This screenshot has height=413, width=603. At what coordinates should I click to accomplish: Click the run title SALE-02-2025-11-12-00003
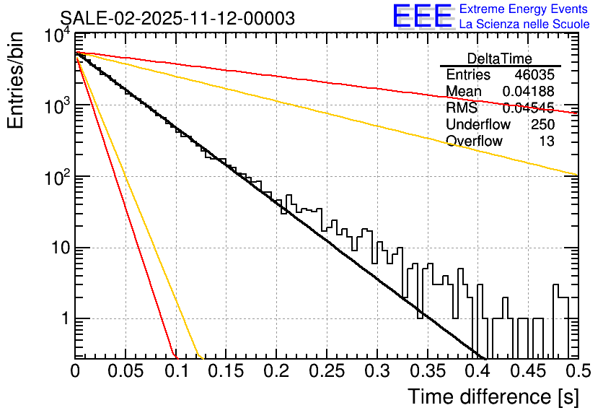(177, 19)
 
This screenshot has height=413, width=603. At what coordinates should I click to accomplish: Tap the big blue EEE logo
(422, 17)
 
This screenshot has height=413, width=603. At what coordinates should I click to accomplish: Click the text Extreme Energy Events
(524, 9)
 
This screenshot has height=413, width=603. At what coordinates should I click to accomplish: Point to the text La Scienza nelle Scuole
(524, 24)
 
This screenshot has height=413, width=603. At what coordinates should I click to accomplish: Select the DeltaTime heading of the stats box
(499, 58)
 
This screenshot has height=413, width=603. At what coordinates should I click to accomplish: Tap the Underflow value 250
(542, 125)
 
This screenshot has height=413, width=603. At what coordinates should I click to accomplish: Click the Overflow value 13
(547, 142)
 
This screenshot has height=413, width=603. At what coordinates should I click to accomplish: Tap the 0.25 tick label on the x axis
(327, 371)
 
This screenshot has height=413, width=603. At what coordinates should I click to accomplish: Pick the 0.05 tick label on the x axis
(126, 371)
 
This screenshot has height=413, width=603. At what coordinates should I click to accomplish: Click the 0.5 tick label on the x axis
(574, 371)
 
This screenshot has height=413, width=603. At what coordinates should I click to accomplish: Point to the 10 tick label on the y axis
(57, 248)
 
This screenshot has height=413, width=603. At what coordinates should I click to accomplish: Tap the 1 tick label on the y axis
(63, 318)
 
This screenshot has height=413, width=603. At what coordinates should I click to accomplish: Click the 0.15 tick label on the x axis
(226, 371)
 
